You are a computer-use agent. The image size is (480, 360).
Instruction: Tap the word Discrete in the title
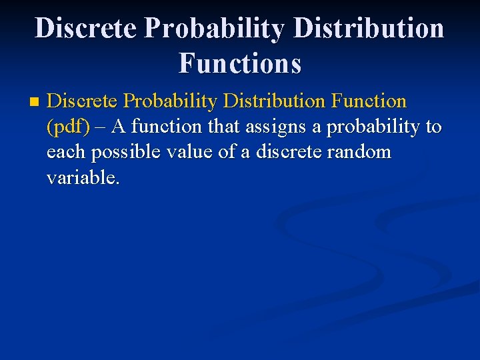coord(86,29)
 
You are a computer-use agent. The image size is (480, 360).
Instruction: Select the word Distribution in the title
coord(369,29)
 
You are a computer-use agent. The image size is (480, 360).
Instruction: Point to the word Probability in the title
coord(217,29)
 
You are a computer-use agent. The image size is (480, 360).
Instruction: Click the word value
coord(191,152)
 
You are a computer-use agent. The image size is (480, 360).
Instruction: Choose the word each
coord(67,152)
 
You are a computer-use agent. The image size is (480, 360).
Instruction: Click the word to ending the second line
coord(434,127)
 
